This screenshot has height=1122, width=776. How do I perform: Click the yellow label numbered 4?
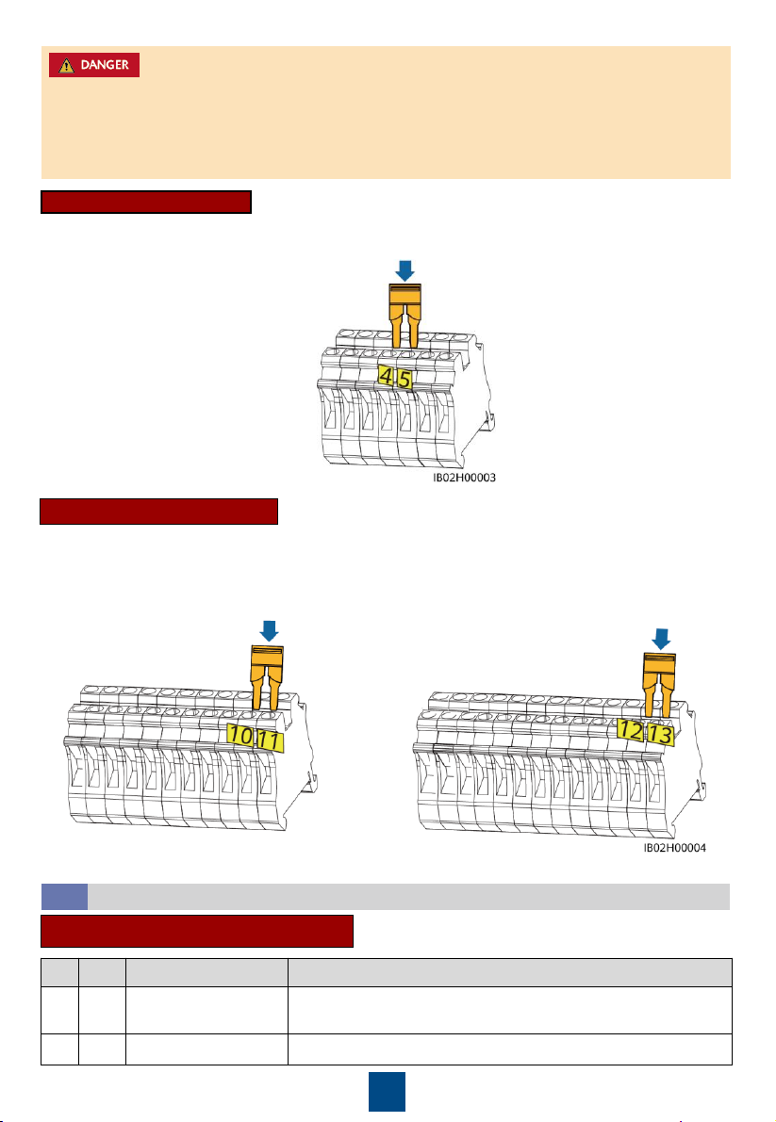point(387,377)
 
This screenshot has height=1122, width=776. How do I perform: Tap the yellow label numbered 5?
point(405,379)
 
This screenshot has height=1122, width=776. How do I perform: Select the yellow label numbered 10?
point(240,735)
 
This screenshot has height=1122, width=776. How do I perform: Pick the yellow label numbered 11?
point(269,740)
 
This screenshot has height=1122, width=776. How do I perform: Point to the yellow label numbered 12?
point(631,730)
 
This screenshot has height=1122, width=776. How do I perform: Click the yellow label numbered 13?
point(660,734)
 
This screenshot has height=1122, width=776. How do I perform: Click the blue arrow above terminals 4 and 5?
point(405,270)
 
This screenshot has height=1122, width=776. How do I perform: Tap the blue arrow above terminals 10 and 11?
point(269,631)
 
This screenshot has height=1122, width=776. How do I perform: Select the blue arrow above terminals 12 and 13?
point(661,639)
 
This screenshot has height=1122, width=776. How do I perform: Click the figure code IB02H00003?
point(464,478)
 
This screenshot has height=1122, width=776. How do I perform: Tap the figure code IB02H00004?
point(674,848)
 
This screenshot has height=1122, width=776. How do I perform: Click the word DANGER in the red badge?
point(105,64)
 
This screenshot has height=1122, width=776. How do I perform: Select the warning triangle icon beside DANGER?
point(67,65)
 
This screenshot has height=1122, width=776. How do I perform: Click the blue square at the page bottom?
point(387,1091)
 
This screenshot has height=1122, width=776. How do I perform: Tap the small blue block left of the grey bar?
point(64,897)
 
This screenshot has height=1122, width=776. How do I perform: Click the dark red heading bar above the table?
point(197,931)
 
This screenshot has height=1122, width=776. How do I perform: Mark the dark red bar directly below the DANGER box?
point(146,202)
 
